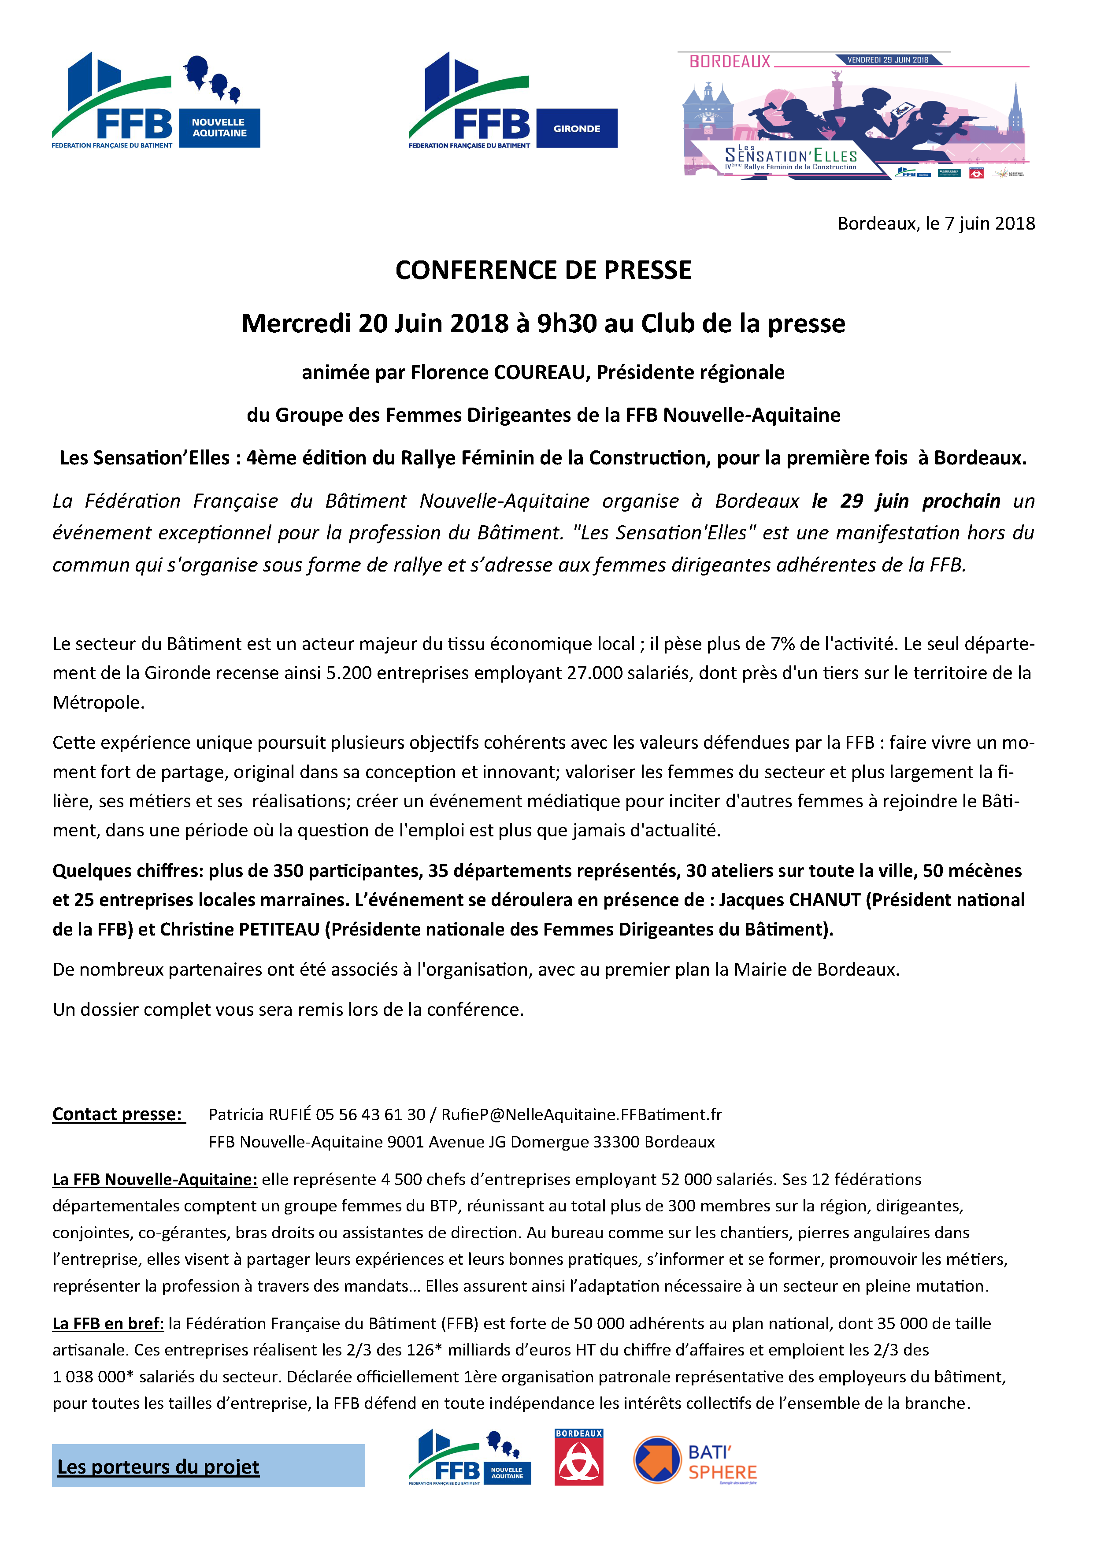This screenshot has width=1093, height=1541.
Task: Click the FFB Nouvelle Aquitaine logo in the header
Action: [x=156, y=101]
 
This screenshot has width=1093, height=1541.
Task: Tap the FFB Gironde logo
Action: [x=512, y=101]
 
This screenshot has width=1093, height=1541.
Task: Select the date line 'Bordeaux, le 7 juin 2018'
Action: [x=936, y=223]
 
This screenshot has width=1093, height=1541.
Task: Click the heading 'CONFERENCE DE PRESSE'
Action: [x=543, y=271]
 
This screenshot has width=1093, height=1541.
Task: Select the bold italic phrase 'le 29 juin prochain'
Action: [x=906, y=501]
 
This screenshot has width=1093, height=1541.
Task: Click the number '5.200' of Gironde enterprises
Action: [x=348, y=673]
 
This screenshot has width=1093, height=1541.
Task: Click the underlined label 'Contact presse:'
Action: [x=118, y=1114]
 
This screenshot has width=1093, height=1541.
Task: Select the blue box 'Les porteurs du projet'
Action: [x=208, y=1466]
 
